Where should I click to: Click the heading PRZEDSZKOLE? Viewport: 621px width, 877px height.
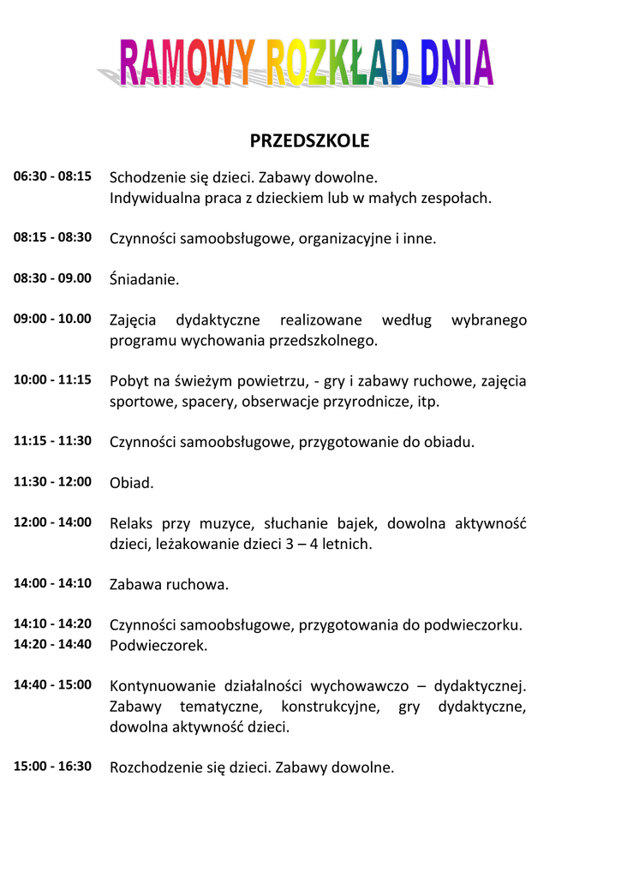pyautogui.click(x=309, y=140)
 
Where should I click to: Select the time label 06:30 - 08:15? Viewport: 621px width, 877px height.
pyautogui.click(x=52, y=176)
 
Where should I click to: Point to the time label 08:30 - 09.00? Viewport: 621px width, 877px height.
pyautogui.click(x=52, y=278)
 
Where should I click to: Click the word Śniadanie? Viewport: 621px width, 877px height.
pyautogui.click(x=145, y=279)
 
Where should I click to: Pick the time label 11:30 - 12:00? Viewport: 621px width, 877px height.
pyautogui.click(x=52, y=482)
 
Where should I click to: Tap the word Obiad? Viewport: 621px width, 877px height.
pyautogui.click(x=132, y=483)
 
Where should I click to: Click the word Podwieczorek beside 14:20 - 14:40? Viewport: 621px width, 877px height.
pyautogui.click(x=158, y=646)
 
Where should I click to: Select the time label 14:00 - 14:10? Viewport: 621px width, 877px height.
pyautogui.click(x=52, y=584)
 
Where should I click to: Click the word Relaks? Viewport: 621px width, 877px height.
pyautogui.click(x=131, y=523)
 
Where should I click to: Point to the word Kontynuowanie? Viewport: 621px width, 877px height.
pyautogui.click(x=162, y=686)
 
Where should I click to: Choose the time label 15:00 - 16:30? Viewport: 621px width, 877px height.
pyautogui.click(x=52, y=767)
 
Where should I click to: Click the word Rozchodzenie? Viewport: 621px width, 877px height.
pyautogui.click(x=155, y=767)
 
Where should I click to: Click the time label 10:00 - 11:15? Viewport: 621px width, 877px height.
pyautogui.click(x=52, y=380)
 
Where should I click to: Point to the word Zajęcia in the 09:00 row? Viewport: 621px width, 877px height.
pyautogui.click(x=133, y=321)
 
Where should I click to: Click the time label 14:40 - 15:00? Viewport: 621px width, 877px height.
pyautogui.click(x=52, y=685)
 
